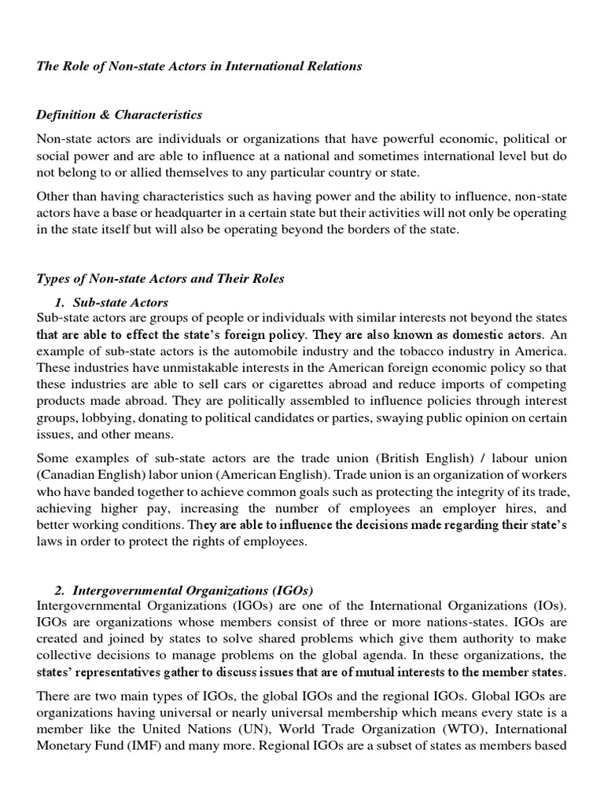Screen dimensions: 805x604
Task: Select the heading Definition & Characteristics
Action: [119, 116]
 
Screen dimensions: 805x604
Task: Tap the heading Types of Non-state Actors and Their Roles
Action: [160, 278]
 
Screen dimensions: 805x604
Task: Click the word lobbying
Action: [97, 417]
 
